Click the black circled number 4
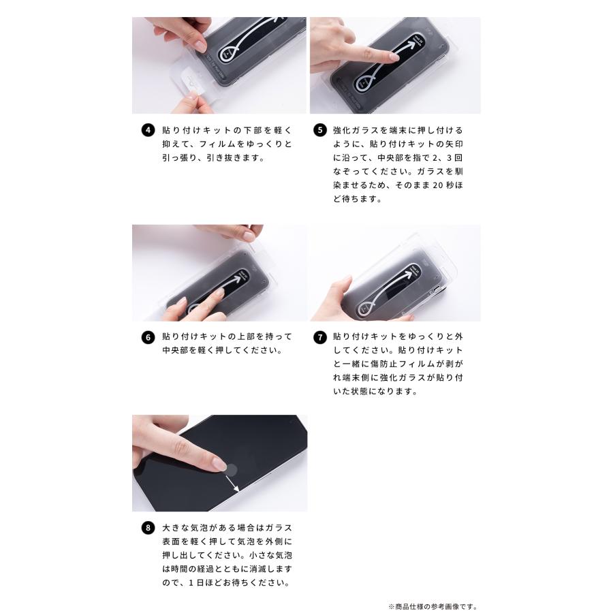148,130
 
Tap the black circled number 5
320,130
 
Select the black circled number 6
148,337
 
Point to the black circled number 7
320,337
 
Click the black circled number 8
148,528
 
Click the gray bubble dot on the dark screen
232,470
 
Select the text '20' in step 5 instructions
438,185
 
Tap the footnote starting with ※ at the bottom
433,606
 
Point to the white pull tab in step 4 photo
191,83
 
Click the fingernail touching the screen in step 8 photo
220,465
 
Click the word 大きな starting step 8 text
176,528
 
